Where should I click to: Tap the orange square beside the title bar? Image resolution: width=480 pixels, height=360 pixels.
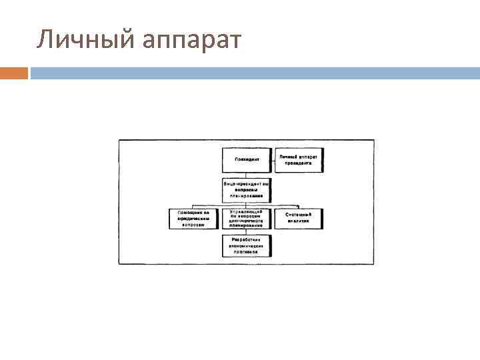[x=14, y=73]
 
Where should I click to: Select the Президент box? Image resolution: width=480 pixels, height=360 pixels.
[x=247, y=160]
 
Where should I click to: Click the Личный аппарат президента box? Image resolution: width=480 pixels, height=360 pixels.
[x=298, y=160]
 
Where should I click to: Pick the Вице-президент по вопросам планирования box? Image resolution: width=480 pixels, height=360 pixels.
[x=247, y=189]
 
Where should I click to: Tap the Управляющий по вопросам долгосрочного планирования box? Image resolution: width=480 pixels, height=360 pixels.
[x=247, y=219]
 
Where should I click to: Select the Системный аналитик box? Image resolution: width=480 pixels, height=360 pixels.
[x=298, y=219]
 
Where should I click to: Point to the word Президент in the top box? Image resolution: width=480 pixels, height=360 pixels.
[x=247, y=160]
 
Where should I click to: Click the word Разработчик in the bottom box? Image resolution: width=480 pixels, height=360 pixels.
[x=247, y=239]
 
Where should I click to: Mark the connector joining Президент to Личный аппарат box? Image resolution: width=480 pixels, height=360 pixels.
[x=273, y=160]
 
